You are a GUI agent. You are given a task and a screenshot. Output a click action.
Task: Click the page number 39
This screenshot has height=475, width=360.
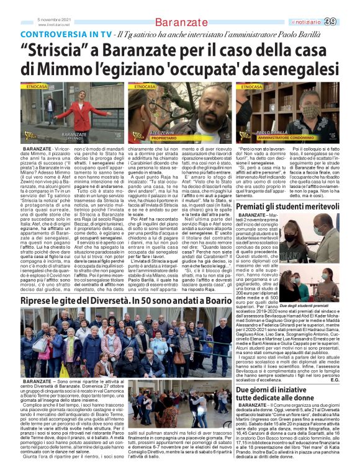click(x=348, y=22)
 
